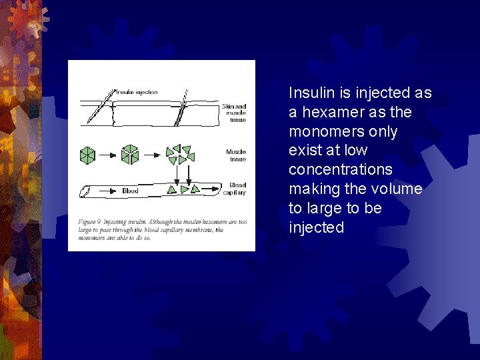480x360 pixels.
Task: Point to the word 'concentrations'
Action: tap(340, 170)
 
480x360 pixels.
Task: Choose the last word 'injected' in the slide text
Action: tap(316, 227)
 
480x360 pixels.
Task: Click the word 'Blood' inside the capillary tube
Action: tap(130, 191)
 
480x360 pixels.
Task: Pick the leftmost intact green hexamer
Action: tap(87, 155)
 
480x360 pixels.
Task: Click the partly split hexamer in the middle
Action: tap(129, 155)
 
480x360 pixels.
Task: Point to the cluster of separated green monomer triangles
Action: tap(179, 155)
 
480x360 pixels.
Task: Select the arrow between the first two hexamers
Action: tap(108, 155)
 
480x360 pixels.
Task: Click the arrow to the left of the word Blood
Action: tap(108, 191)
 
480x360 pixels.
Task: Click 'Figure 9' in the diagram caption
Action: tap(89, 221)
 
